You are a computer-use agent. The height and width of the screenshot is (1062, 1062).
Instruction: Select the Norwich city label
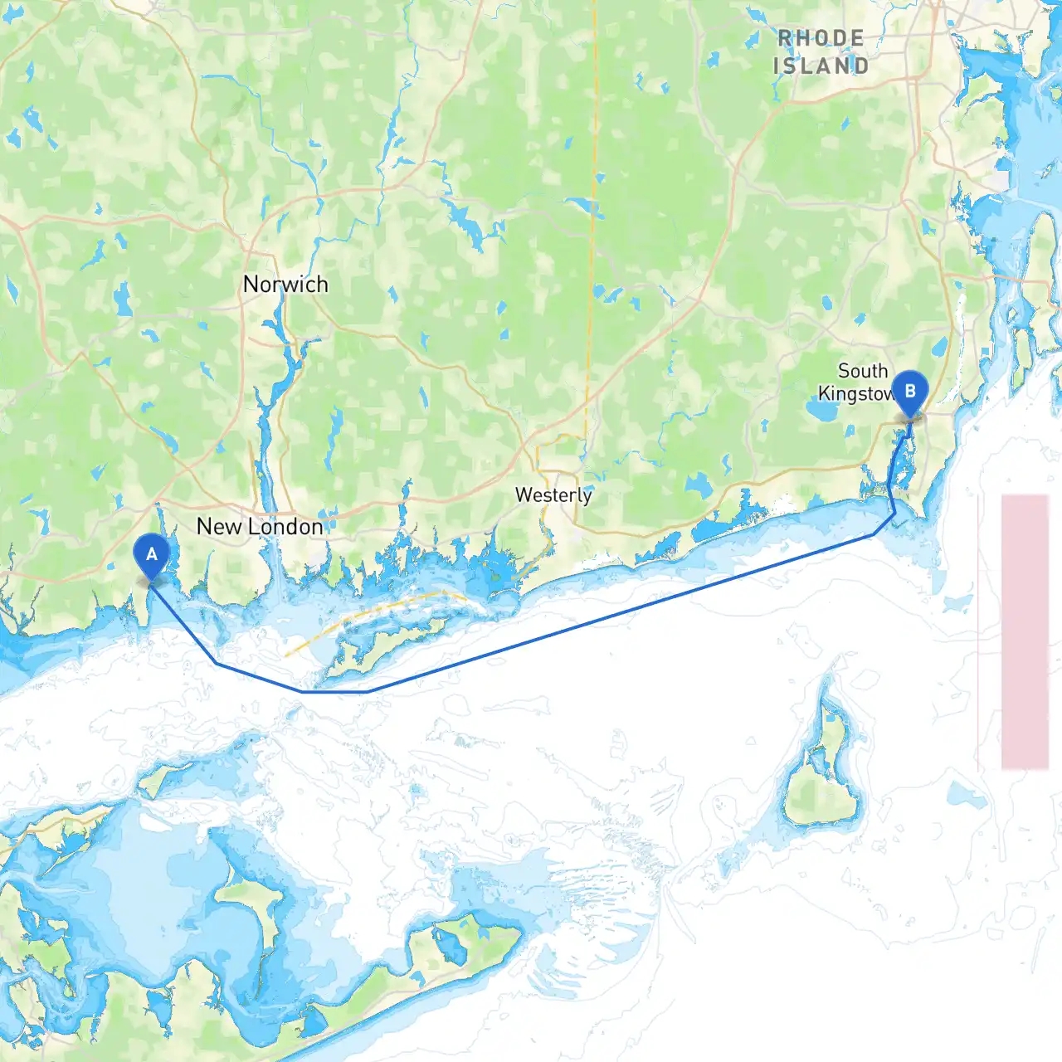coord(285,285)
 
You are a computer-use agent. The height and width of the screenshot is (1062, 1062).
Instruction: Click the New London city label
coord(260,527)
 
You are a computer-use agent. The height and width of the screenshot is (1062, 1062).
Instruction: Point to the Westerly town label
coord(553,495)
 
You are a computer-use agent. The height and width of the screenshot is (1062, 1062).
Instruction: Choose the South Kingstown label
coord(859,382)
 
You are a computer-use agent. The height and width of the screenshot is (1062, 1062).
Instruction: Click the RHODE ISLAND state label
coord(821,51)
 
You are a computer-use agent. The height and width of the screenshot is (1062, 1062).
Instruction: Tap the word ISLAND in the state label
coord(821,66)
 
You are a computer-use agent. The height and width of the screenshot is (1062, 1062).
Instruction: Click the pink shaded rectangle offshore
coord(1025,631)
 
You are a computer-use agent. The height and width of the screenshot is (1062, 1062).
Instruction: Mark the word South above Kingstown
coord(863,371)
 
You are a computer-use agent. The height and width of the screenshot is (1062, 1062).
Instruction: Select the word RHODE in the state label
coord(821,38)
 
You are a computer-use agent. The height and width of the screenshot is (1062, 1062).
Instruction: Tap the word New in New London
coord(219,527)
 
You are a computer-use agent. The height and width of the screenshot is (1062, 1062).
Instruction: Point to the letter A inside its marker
coord(151,553)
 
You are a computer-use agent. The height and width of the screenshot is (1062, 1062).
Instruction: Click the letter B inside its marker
coord(909,391)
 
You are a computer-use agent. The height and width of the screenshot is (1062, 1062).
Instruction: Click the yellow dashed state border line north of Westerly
coord(593,249)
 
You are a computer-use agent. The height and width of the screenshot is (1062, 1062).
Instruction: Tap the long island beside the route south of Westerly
coord(390,643)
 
